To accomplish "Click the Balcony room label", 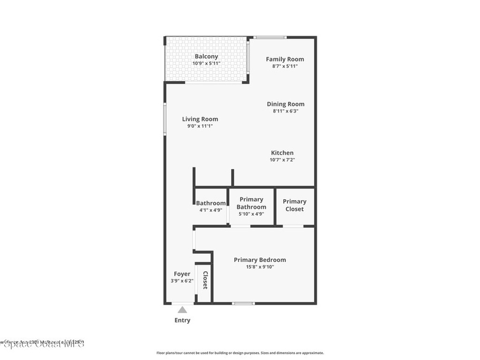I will point(206,57).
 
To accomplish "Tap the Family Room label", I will point(285,59).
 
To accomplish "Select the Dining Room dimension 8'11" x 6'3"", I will point(285,112).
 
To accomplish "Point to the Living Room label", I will point(200,119).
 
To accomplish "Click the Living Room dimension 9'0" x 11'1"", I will point(200,126).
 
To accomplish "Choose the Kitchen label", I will point(282,153).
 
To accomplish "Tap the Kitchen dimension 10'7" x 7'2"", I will point(282,160).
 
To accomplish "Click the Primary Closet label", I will point(294,205).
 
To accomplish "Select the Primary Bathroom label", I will point(251,203).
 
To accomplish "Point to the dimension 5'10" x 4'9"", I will point(251,214).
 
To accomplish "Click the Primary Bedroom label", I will point(260,260).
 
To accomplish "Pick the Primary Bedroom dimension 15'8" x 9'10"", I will point(260,267).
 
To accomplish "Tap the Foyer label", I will point(182,274).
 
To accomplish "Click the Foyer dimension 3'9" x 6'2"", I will point(182,281).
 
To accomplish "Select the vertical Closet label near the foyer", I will point(205,280).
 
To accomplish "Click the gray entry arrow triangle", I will point(182,309).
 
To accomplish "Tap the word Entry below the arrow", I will point(182,321).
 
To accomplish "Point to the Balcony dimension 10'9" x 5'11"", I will point(206,64).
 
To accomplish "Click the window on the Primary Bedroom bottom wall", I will point(244,303).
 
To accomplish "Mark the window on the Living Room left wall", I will point(165,120).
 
